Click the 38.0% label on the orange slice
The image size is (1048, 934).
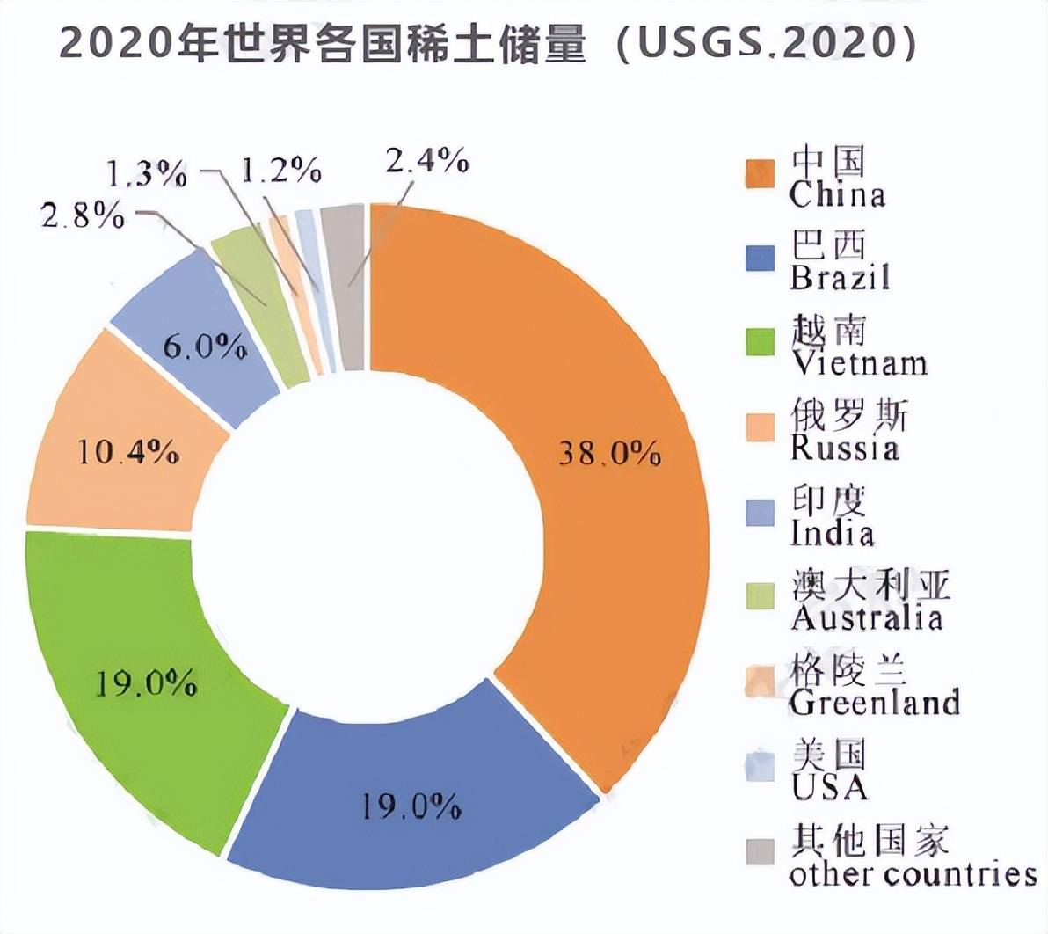click(609, 453)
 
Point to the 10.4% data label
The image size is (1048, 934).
click(128, 452)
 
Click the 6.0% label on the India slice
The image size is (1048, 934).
click(204, 347)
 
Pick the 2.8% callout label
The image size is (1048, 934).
click(83, 215)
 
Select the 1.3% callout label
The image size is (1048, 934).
click(147, 173)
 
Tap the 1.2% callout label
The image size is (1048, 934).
click(280, 170)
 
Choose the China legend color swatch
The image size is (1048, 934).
click(760, 174)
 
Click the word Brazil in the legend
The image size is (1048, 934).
click(840, 277)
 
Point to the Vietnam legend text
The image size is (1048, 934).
click(859, 362)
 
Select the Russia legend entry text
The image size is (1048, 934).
click(845, 448)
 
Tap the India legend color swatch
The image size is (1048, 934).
click(760, 513)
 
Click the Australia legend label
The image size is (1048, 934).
click(866, 617)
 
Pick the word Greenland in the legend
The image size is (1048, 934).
click(874, 702)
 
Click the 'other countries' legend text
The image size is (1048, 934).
click(913, 874)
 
